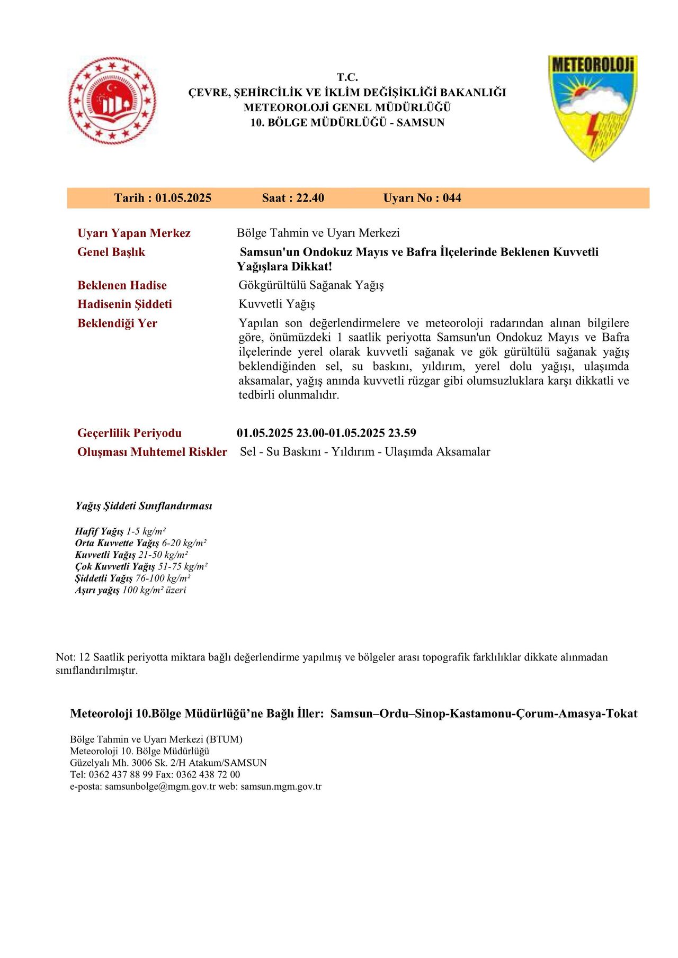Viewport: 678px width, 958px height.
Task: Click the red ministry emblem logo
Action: [x=112, y=101]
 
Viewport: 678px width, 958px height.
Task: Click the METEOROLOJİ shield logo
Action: [x=592, y=107]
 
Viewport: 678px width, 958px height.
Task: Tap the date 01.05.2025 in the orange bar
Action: [x=183, y=198]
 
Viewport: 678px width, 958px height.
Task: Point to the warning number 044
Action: [x=452, y=198]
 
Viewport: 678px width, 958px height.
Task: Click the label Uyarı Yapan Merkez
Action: [x=134, y=233]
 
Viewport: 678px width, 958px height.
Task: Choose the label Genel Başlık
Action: [x=111, y=252]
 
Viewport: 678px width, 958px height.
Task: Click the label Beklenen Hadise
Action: [x=122, y=285]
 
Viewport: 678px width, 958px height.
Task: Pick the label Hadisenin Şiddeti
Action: [x=124, y=304]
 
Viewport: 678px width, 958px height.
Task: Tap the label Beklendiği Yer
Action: [x=117, y=323]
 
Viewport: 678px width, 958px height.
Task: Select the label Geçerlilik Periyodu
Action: [x=129, y=433]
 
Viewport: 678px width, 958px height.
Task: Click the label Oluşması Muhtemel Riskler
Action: [x=152, y=452]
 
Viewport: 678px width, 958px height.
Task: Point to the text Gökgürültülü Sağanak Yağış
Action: [x=311, y=285]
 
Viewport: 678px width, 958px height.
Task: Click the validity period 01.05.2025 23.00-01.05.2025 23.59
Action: [x=326, y=433]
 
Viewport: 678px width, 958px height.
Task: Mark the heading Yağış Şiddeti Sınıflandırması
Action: [x=144, y=506]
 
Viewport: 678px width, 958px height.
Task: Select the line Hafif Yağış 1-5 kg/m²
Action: [x=121, y=531]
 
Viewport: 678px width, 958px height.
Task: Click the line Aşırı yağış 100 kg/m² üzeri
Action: [x=130, y=590]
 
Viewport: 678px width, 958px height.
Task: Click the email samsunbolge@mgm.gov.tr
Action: [x=160, y=786]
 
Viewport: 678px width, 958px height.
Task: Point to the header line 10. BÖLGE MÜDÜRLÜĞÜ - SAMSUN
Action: [x=347, y=122]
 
